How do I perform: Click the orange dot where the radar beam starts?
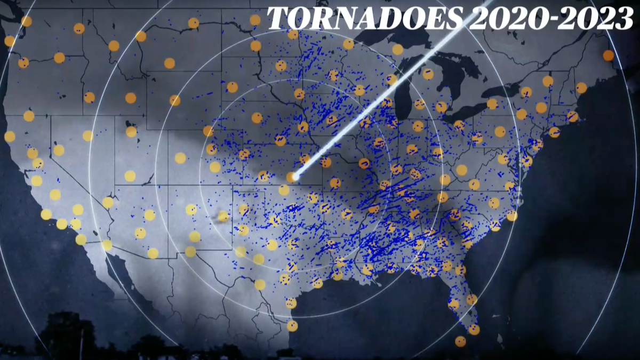coord(291,177)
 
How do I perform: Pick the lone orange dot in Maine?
coord(608,55)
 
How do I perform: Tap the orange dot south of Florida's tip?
coord(460,341)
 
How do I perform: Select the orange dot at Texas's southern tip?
coord(292,325)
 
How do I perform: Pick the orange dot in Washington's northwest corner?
coord(26,21)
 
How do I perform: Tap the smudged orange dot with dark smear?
coord(223,216)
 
